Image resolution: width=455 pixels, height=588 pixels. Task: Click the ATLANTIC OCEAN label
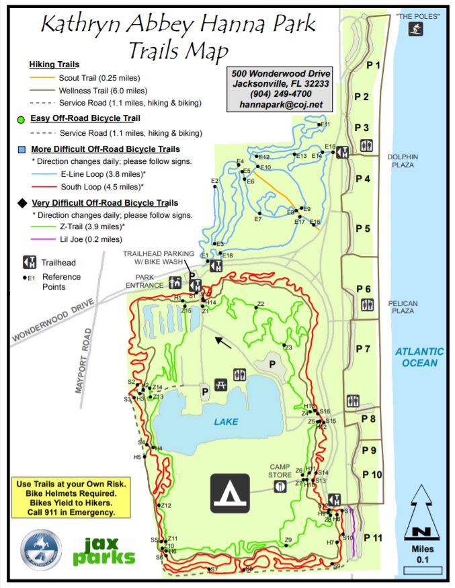(419, 357)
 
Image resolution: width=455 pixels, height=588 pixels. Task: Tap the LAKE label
(226, 421)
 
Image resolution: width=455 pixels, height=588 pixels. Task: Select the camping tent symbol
(230, 494)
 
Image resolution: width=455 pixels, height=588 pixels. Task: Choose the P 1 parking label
(373, 65)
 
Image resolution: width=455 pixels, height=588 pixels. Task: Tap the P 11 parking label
(373, 537)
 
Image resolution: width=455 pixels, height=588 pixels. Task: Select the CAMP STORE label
(280, 471)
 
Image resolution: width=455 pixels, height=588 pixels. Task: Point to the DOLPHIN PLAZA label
(403, 161)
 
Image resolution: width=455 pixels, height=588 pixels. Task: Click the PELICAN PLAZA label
(403, 308)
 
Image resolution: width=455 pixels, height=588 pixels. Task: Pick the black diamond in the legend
(22, 202)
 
